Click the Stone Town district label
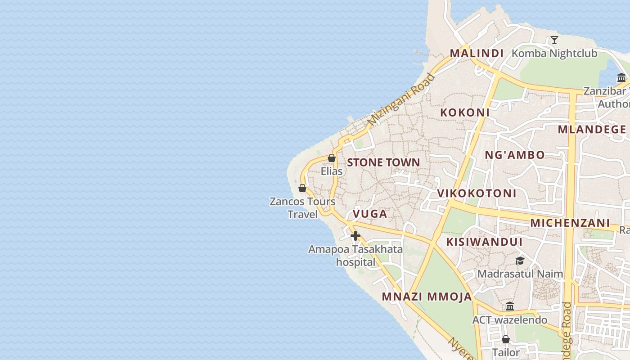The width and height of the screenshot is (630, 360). [383, 162]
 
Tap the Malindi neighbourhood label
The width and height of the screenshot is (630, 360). [477, 53]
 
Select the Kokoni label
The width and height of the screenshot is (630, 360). [464, 112]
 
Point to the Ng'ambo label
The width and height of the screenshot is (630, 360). [514, 155]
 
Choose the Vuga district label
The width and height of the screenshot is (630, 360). [370, 214]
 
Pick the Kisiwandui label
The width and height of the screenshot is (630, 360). [484, 242]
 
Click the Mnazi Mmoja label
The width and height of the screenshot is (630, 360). [427, 297]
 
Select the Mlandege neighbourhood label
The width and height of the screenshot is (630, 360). [592, 130]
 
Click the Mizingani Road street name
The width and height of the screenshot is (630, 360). [401, 99]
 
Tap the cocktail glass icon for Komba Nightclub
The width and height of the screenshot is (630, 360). [554, 40]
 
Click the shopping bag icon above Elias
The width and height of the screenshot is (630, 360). [332, 158]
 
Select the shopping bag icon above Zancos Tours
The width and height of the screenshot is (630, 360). [302, 188]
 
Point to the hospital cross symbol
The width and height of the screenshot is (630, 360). [355, 235]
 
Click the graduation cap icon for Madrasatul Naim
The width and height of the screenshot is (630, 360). [520, 261]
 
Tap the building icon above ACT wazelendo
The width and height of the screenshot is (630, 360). [510, 306]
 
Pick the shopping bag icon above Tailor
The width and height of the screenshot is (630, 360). [506, 339]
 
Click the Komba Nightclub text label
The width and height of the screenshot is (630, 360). [554, 54]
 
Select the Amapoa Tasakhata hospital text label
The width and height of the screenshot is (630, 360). [355, 255]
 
